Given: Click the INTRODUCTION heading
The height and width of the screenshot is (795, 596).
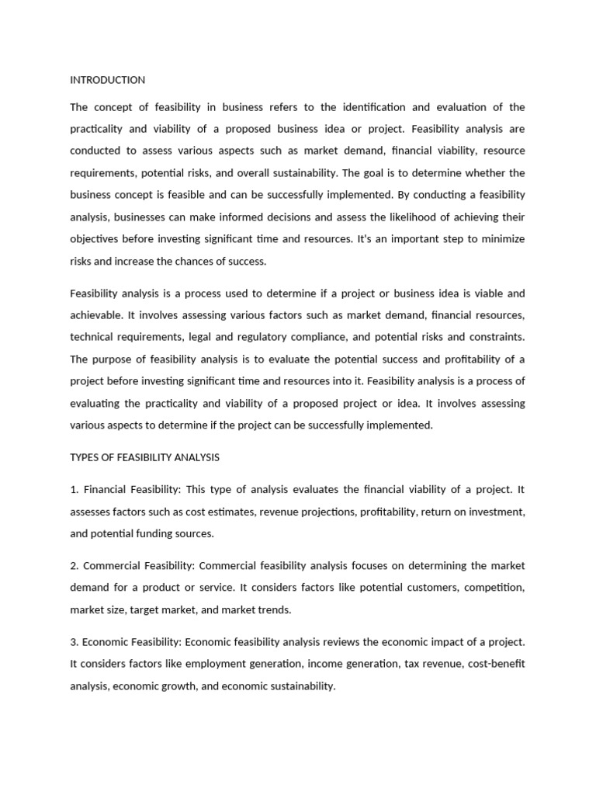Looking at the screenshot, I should (x=107, y=80).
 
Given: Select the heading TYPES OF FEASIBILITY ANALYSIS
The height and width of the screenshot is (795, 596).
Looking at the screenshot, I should (x=144, y=457).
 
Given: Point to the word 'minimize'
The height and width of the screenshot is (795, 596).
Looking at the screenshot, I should (x=502, y=239).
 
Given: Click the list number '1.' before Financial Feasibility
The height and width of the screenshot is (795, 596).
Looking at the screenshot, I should (x=74, y=490).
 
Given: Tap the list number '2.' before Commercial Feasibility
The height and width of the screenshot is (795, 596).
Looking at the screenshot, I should (x=74, y=566).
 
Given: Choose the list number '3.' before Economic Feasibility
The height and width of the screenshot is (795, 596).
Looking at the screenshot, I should (x=74, y=642).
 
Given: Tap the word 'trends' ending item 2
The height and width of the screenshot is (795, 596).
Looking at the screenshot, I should (x=272, y=610).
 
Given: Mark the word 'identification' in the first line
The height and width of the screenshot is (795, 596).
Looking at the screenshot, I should (x=378, y=107).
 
